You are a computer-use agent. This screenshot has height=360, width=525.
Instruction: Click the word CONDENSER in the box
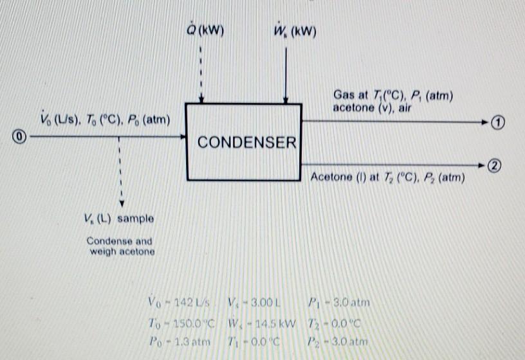tap(246, 142)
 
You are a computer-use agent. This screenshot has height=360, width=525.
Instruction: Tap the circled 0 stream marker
tap(20, 136)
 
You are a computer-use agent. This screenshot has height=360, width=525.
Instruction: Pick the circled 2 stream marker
tap(493, 165)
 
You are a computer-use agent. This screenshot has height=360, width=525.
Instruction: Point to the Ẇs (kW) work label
tap(295, 31)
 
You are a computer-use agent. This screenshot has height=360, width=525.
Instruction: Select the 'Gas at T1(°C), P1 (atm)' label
tap(393, 96)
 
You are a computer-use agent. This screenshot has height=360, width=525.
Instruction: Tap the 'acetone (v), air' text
tap(371, 108)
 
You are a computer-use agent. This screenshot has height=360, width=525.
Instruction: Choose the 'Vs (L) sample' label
tap(120, 219)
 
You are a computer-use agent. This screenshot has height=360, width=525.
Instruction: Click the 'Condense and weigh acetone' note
tap(120, 246)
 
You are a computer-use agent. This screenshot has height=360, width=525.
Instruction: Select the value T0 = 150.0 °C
tap(181, 321)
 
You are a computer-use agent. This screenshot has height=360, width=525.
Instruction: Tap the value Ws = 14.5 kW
tap(261, 321)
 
